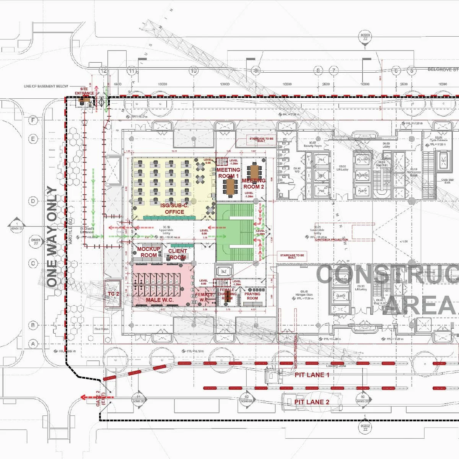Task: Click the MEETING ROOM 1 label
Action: pos(228,173)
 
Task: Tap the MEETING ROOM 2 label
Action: pos(254,184)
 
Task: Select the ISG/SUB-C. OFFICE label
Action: pos(175,209)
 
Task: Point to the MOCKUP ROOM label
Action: pos(149,252)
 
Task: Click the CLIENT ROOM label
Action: pos(177,254)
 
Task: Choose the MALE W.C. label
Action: pos(160,300)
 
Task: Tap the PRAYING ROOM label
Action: pos(252,296)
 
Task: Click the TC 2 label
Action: pos(113,294)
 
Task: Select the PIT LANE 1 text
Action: pos(312,375)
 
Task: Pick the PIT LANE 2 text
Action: pos(312,402)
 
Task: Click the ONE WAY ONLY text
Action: pos(52,236)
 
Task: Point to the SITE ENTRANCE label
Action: pos(84,91)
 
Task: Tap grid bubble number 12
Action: pos(103,71)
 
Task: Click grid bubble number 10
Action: pos(194,71)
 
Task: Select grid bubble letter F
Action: pos(33,120)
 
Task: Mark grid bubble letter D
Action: pos(33,201)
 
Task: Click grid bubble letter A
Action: pos(33,344)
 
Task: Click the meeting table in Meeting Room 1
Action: pos(230,186)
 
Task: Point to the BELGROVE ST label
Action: pos(443,70)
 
